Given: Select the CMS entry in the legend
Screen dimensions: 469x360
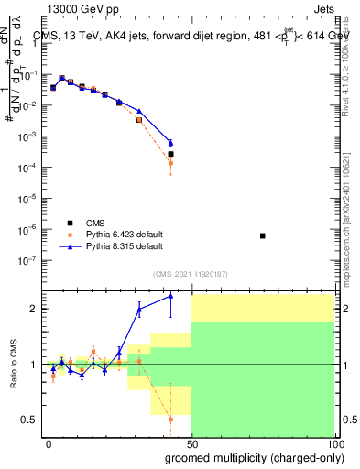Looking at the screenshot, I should click(x=102, y=222).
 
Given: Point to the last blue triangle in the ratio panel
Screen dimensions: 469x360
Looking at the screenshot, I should click(x=170, y=296).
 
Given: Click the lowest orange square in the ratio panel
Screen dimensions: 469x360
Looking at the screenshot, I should click(x=170, y=419).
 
